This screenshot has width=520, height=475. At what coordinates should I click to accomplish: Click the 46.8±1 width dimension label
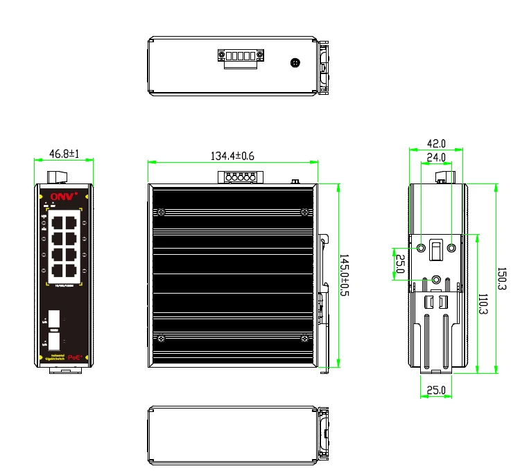click(64, 153)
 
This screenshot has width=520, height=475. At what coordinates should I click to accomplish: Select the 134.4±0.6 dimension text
click(232, 156)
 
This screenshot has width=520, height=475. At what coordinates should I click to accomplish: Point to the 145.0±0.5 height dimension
click(345, 275)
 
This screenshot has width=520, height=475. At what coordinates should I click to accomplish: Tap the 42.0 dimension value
click(435, 144)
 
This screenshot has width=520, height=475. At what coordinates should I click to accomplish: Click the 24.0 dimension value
click(435, 157)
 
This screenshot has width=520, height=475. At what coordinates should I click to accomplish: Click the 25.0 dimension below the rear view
click(435, 390)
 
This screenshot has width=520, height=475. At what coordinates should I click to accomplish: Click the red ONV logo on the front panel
click(58, 195)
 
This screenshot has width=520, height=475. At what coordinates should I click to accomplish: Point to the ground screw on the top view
click(296, 63)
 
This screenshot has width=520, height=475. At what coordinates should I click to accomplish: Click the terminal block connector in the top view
click(240, 57)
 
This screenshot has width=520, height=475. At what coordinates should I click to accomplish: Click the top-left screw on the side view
click(161, 212)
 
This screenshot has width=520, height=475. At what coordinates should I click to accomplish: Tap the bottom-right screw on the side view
click(305, 338)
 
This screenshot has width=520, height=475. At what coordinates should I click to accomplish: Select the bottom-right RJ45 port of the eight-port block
click(70, 269)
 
